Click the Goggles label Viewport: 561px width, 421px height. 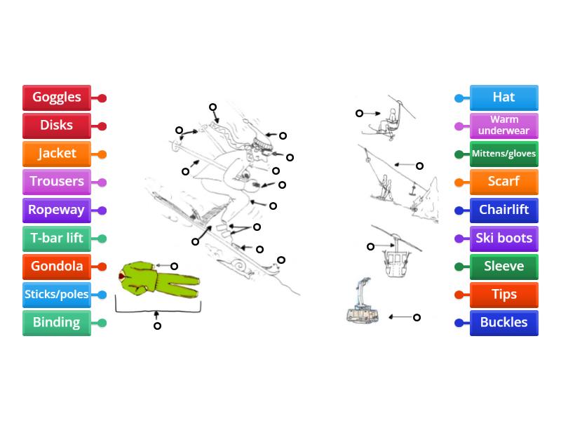click(x=57, y=98)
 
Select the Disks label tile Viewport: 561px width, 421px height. click(x=57, y=126)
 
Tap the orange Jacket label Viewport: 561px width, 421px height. click(x=57, y=154)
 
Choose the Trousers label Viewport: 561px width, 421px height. click(x=57, y=182)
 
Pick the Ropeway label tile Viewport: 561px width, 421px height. click(x=57, y=210)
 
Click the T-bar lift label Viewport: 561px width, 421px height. click(x=57, y=239)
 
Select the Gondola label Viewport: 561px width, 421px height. click(x=57, y=267)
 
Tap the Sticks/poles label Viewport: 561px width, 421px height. click(x=57, y=295)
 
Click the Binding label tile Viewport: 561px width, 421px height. click(x=57, y=323)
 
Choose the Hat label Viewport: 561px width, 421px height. click(x=503, y=98)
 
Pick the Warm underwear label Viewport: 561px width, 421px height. click(x=503, y=126)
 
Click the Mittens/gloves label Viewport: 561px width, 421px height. click(x=503, y=154)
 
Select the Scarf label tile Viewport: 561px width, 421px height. click(x=503, y=182)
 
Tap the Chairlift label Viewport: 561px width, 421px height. click(x=503, y=210)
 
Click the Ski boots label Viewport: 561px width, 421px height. click(x=503, y=239)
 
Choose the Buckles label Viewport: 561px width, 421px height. click(x=503, y=323)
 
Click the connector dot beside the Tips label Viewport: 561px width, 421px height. click(x=459, y=295)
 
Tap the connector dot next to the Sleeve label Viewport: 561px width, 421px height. click(x=459, y=267)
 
